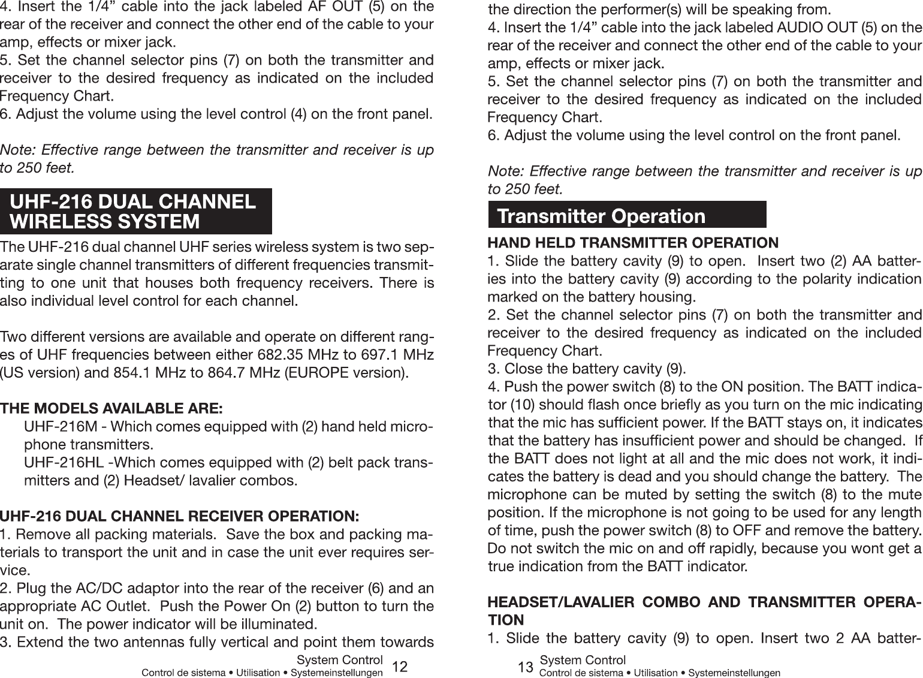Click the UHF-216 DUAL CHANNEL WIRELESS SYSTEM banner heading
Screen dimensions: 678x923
tap(134, 211)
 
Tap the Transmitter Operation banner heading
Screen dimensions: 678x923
tap(601, 215)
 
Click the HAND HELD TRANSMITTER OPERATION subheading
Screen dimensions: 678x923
tap(633, 243)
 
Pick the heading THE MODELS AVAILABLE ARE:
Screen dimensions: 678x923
tap(111, 409)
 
